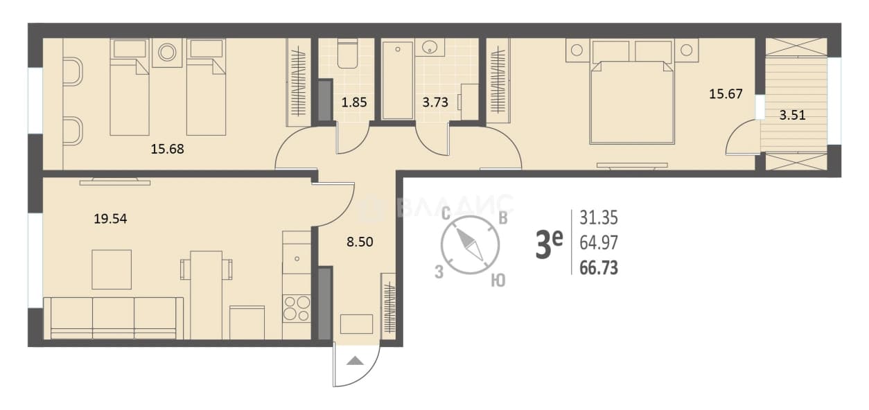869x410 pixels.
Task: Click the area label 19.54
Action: (111, 219)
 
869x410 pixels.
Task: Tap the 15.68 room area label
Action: (167, 149)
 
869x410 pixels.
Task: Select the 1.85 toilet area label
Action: (354, 102)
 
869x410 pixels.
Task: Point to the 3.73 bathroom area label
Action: (435, 102)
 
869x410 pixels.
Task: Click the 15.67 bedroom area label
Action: (726, 94)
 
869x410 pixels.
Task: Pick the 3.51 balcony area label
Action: (792, 115)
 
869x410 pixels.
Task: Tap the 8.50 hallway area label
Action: (360, 242)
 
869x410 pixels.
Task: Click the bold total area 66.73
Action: (599, 268)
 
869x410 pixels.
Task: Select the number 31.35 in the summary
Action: (599, 217)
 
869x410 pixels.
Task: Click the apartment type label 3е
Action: (549, 244)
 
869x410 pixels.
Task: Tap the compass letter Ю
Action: (498, 280)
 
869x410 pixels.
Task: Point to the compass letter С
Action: (446, 213)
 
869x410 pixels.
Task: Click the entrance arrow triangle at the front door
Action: (355, 361)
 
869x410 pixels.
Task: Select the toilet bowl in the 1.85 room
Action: (347, 54)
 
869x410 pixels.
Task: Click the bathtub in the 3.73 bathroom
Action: (397, 80)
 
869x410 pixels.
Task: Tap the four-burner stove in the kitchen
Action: (297, 308)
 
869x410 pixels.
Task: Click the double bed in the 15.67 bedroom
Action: (632, 102)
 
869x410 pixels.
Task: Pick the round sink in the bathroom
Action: (430, 47)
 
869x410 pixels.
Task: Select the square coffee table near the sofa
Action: (112, 269)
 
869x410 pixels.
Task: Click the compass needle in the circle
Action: (469, 244)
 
